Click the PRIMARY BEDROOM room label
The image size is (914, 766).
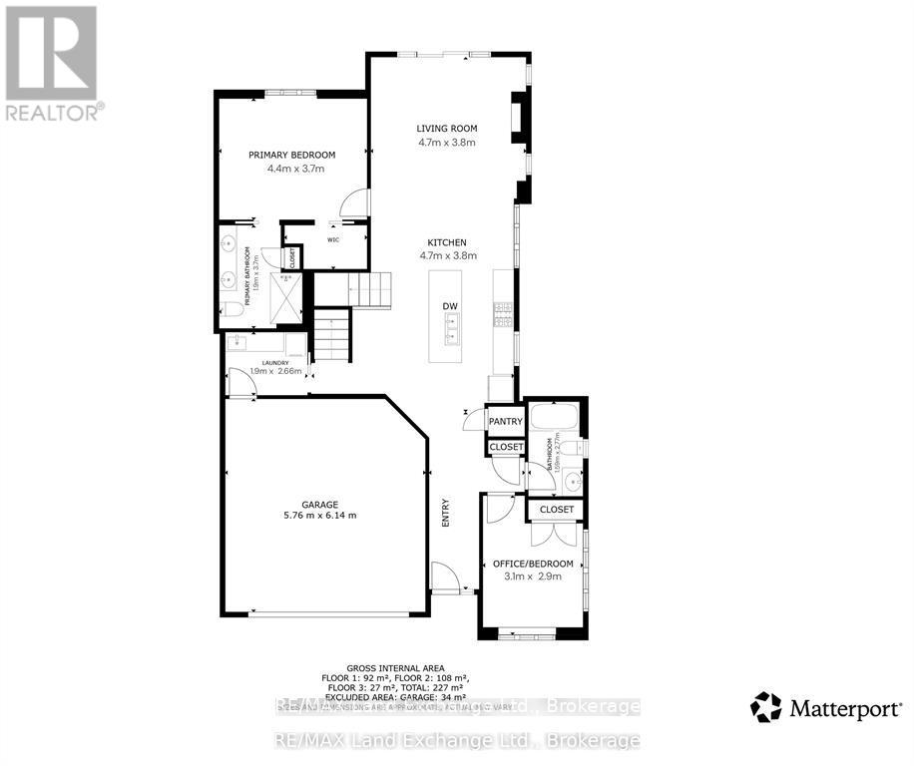tap(291, 155)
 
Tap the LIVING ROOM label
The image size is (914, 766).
tap(447, 128)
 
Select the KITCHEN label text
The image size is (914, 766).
tap(447, 242)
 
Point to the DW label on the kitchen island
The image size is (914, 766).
tap(450, 306)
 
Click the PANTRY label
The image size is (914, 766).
tap(505, 422)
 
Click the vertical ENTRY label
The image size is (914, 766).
tap(446, 513)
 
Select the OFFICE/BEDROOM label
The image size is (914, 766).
tap(533, 564)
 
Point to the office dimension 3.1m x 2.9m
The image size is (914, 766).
tap(533, 577)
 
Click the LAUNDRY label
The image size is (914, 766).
tap(274, 363)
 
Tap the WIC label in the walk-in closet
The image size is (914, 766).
tap(335, 239)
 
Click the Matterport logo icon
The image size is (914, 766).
tap(765, 707)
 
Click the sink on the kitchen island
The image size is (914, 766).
tap(451, 322)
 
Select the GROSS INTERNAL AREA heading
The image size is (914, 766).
tap(395, 668)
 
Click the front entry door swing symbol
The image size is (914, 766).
tap(446, 575)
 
